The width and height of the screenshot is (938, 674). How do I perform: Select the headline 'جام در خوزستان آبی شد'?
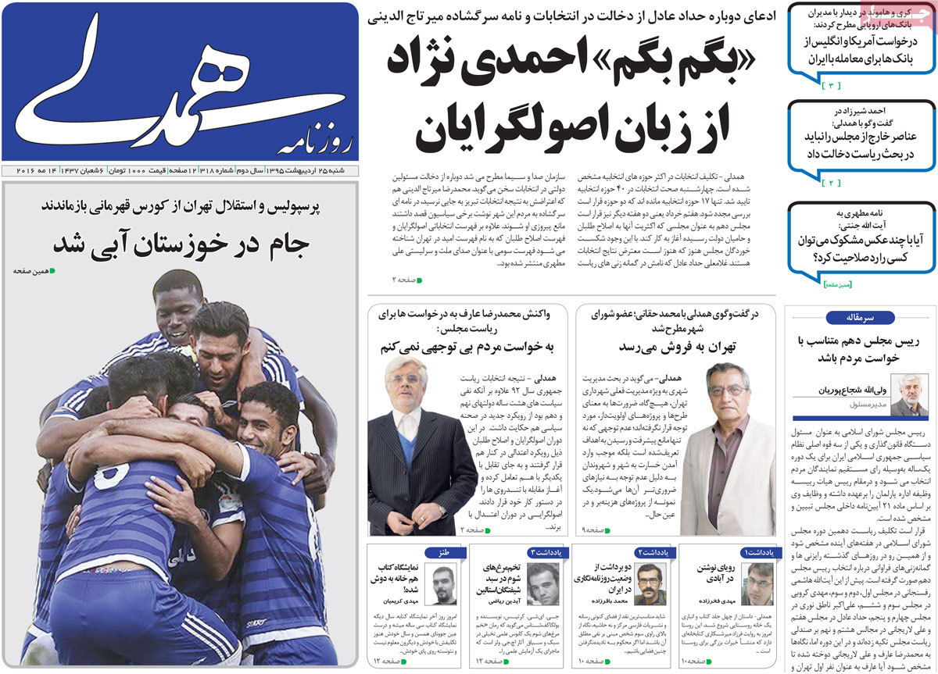[x=181, y=244]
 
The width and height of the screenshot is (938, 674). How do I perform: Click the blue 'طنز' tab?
[x=443, y=552]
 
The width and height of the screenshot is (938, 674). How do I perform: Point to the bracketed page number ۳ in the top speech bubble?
[x=832, y=84]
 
